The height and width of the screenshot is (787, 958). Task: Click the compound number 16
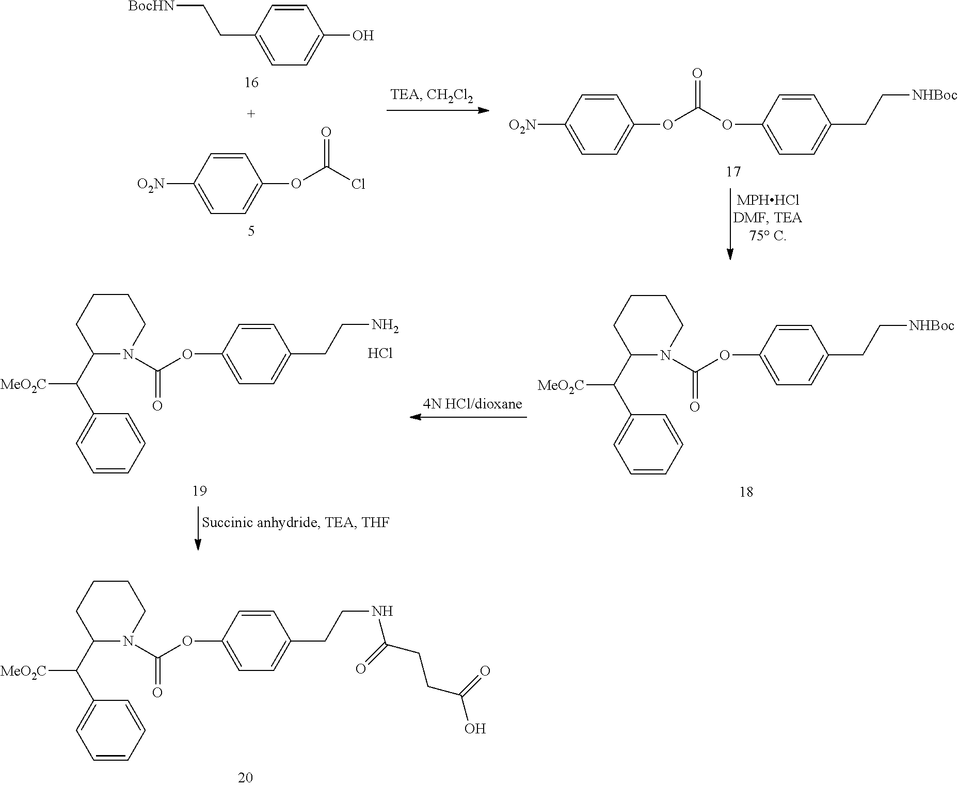tap(251, 83)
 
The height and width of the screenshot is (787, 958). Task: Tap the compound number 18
tap(746, 492)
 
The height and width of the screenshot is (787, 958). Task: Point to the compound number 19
tap(200, 490)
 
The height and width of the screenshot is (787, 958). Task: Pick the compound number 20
tap(245, 777)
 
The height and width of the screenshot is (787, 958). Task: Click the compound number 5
tap(251, 231)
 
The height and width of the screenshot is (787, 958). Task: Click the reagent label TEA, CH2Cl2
tap(432, 96)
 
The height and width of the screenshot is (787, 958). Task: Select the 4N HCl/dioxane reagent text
tap(472, 404)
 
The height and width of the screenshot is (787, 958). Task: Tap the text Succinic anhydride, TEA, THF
tap(295, 522)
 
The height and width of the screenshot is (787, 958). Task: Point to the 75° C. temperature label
tap(768, 236)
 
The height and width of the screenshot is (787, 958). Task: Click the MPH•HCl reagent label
tap(768, 200)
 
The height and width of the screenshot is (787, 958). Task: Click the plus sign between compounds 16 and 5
tap(251, 114)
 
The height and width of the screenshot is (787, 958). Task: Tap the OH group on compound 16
tap(362, 36)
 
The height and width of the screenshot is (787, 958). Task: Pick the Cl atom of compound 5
tap(358, 184)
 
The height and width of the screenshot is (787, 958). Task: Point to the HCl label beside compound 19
tap(380, 353)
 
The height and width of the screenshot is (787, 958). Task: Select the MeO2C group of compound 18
tap(561, 386)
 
